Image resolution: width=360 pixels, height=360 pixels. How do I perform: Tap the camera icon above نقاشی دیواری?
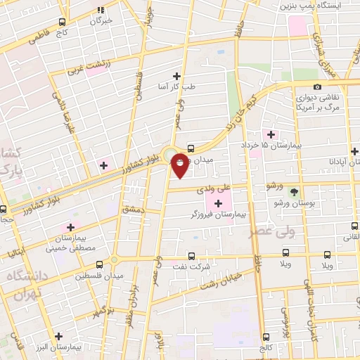click(x=318, y=86)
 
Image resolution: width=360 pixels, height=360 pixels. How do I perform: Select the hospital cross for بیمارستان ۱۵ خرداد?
click(x=270, y=134)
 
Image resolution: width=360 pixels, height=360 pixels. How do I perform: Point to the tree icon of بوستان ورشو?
click(x=294, y=191)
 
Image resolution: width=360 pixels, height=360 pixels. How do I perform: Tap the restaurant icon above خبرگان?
click(x=101, y=9)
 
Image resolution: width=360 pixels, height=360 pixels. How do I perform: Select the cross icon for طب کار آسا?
click(x=176, y=76)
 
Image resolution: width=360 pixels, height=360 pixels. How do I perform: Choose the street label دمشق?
click(x=131, y=210)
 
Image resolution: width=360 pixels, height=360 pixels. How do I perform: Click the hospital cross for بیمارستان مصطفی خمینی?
click(x=70, y=227)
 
